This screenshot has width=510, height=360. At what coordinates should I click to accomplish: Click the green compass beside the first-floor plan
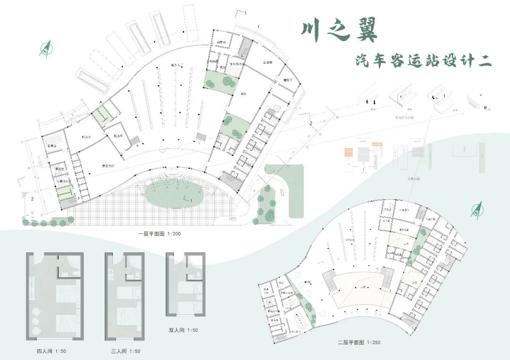pos(46,48)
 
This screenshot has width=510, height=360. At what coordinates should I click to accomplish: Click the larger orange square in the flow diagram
pos(348,152)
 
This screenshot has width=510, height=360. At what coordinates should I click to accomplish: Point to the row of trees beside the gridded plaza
pos(47,221)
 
